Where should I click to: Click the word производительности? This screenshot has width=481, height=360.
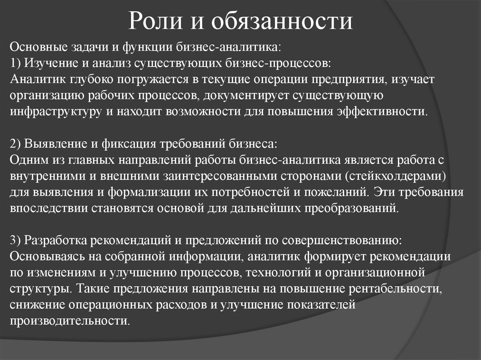tap(69, 321)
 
